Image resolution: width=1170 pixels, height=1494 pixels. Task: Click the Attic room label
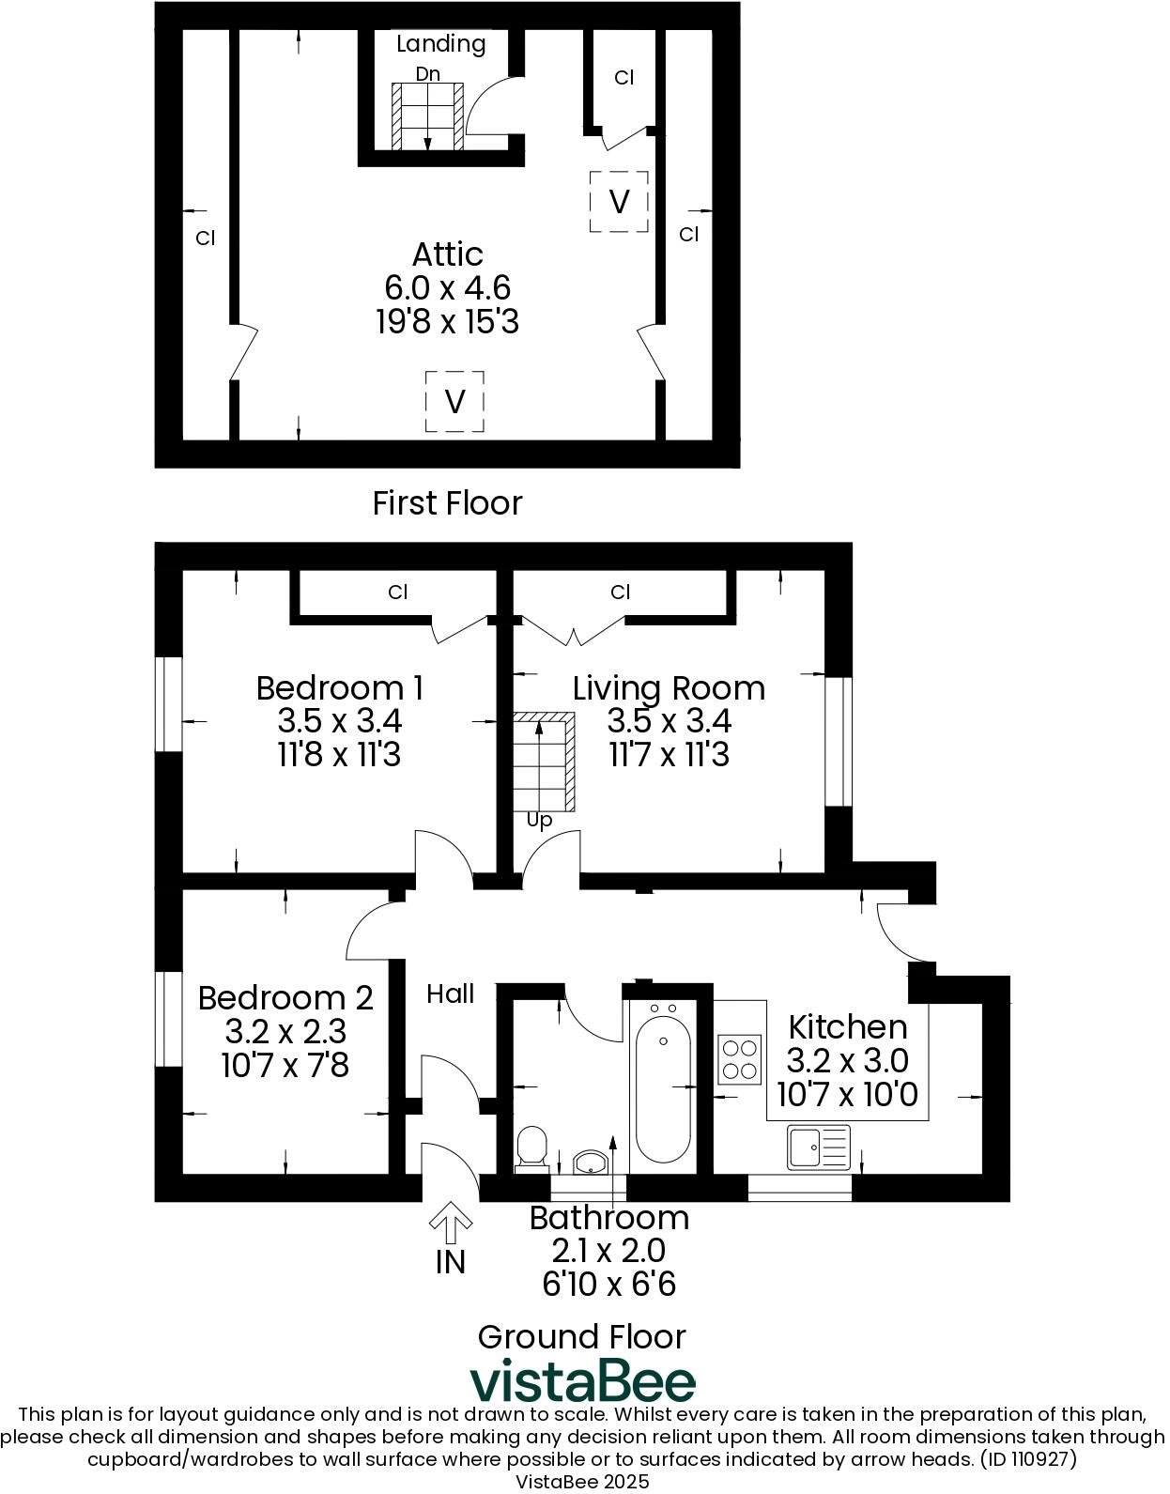click(x=448, y=254)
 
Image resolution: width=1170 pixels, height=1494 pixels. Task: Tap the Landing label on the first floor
click(x=440, y=44)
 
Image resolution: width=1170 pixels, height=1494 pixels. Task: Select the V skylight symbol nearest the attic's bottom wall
click(x=454, y=402)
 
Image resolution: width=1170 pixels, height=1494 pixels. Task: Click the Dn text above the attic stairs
click(x=427, y=73)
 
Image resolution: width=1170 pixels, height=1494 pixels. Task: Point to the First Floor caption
click(x=447, y=503)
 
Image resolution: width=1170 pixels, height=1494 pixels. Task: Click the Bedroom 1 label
click(x=339, y=688)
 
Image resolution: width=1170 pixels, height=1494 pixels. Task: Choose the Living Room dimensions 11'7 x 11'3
click(x=669, y=755)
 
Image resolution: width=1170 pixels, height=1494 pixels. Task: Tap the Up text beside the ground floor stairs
click(x=539, y=820)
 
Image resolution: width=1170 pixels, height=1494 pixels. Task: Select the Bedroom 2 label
click(x=285, y=997)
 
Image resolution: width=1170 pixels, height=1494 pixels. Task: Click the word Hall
click(x=451, y=993)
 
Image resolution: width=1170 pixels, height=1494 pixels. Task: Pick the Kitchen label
click(x=847, y=1026)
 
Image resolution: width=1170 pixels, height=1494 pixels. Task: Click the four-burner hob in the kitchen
click(x=739, y=1058)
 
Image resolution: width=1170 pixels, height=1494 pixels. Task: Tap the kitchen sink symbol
click(x=819, y=1147)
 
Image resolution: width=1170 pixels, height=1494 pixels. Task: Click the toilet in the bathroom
click(x=531, y=1147)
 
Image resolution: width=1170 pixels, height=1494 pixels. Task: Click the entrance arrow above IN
click(x=451, y=1220)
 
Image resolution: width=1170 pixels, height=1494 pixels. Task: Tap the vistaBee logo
click(x=582, y=1381)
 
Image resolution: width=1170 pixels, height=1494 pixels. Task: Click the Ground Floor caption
click(x=582, y=1336)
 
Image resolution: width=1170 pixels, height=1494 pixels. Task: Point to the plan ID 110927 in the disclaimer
click(x=1028, y=1460)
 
